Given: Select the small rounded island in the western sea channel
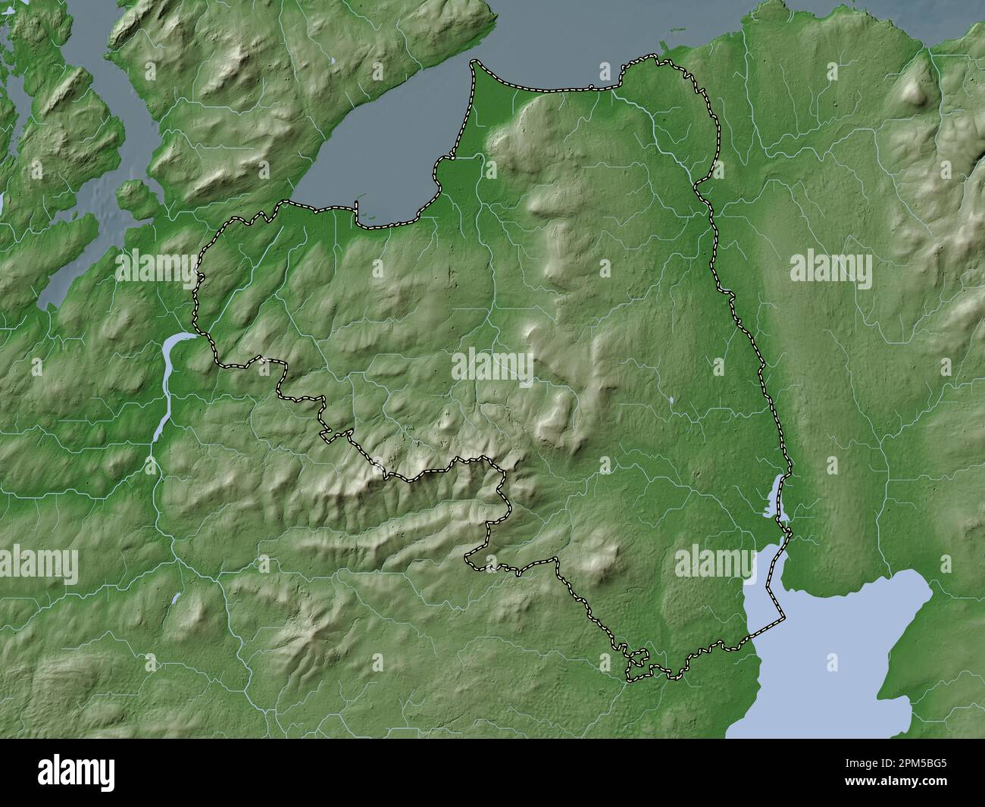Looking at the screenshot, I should click(x=134, y=195).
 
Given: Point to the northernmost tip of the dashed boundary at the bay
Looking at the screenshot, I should click(x=475, y=62).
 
